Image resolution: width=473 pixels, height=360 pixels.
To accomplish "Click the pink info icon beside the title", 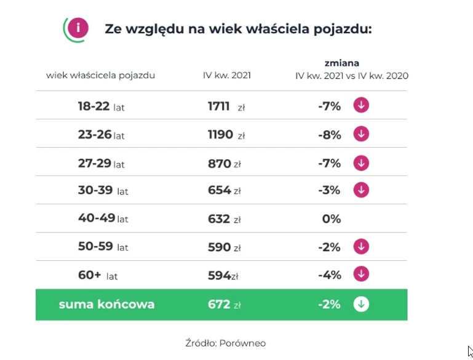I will tap(78, 28).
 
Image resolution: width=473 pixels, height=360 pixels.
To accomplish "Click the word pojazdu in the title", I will tap(342, 28).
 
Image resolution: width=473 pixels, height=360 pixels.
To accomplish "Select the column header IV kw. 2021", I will tap(227, 76).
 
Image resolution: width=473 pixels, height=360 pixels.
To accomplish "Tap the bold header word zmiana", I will tap(342, 63).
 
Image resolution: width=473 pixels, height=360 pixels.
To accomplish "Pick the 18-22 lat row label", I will tap(101, 106).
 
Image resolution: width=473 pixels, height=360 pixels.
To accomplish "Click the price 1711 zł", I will tap(226, 106).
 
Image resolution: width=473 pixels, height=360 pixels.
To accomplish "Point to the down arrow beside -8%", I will tap(361, 134).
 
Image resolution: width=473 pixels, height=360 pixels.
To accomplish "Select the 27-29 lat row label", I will tap(101, 163).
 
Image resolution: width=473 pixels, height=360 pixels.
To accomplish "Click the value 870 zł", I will tap(224, 163).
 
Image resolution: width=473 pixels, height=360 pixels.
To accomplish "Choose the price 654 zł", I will tap(224, 190).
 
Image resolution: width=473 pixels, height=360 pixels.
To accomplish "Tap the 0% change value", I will tap(331, 219).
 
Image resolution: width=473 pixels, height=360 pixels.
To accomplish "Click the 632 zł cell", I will tap(224, 219).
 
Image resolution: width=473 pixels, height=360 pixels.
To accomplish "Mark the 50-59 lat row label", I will tap(103, 247).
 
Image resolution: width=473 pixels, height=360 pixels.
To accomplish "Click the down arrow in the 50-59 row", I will tap(361, 247).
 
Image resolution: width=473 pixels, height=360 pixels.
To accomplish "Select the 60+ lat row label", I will tap(98, 275).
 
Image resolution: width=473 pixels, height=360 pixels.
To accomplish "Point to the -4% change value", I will tap(330, 275).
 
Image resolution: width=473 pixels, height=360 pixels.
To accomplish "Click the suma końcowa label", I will tap(106, 305).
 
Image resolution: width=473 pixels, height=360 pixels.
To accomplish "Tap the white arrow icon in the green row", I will tap(361, 305).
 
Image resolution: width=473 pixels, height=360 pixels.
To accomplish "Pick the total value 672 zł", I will tap(224, 305).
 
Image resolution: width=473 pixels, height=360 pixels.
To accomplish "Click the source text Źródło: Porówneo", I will tap(225, 343).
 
